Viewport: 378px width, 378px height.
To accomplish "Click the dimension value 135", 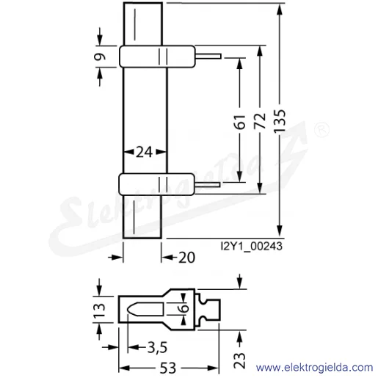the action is [x=280, y=121].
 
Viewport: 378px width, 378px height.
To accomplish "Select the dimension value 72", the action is [x=260, y=120].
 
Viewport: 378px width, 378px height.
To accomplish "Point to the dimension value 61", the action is [x=240, y=121].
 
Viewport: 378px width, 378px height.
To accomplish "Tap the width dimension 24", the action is [x=145, y=152].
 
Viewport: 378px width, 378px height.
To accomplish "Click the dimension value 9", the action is [x=100, y=57].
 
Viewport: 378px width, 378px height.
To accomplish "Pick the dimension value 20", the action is [x=186, y=258].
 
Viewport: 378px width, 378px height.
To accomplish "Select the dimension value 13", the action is [x=99, y=310].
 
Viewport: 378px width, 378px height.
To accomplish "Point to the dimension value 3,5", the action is [x=157, y=348].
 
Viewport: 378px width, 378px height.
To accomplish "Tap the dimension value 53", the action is [x=168, y=368].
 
